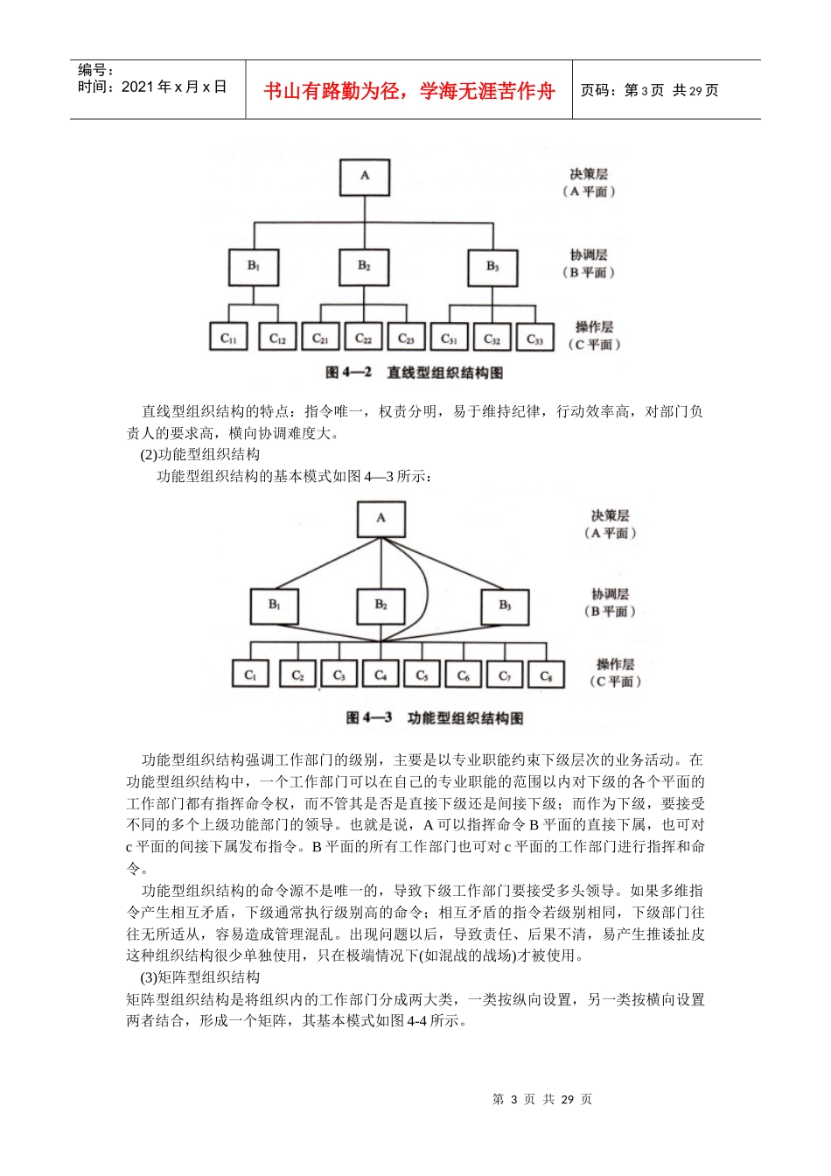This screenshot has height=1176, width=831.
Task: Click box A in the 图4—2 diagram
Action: (x=365, y=177)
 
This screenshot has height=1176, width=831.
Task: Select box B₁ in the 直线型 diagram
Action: (x=254, y=267)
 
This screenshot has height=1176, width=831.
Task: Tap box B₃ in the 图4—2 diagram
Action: (x=492, y=268)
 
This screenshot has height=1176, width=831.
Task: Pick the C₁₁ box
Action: (x=228, y=338)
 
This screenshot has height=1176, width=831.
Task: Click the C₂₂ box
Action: (x=364, y=338)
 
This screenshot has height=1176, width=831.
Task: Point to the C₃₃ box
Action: (x=534, y=339)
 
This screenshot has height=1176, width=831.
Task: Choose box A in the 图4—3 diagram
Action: (x=381, y=519)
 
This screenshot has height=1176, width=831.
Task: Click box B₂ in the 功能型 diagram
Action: (x=381, y=605)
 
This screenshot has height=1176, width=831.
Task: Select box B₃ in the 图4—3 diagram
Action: (x=505, y=606)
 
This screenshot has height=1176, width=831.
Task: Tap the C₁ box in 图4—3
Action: (x=250, y=675)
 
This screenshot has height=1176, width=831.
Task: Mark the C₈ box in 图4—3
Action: (x=546, y=675)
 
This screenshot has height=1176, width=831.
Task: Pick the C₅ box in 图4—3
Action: (x=422, y=675)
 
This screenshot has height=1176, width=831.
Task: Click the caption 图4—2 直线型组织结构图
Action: (x=414, y=373)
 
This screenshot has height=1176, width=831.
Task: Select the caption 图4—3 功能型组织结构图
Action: (x=435, y=718)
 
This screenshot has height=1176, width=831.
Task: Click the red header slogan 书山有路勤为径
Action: (x=409, y=91)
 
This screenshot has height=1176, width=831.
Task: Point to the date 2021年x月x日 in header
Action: (x=152, y=87)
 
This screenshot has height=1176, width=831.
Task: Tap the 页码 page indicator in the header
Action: (x=649, y=90)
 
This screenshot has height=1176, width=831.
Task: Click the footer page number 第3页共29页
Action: (x=542, y=1099)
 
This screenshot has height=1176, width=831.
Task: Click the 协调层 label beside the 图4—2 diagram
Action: (x=589, y=255)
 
